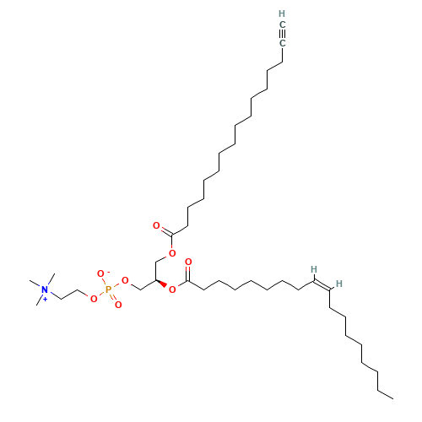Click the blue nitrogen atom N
46,291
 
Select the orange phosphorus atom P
108,289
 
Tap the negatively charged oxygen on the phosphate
100,274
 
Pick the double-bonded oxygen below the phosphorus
118,304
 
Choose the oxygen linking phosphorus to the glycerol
125,280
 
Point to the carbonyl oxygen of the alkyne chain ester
156,226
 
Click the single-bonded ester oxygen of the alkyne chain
172,252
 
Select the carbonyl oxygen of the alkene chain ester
187,262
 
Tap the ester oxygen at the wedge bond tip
171,290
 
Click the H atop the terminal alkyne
282,14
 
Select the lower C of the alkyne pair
282,42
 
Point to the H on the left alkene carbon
313,270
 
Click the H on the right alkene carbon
338,284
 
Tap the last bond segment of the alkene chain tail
386,393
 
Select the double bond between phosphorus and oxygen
113,296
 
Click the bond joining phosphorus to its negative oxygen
105,282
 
